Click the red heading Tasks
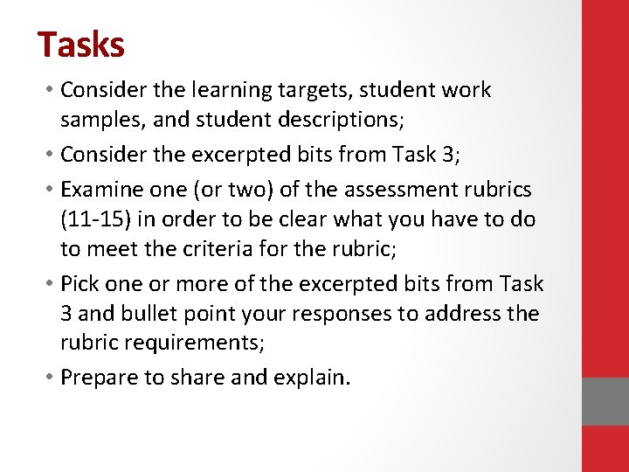pos(81,45)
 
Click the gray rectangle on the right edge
pos(605,401)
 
